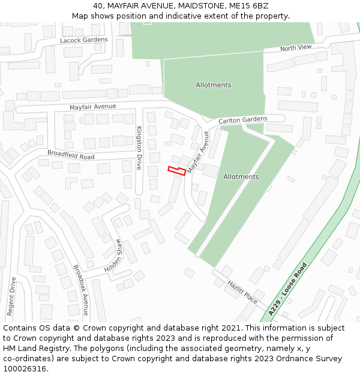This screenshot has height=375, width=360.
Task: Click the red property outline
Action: (176, 171)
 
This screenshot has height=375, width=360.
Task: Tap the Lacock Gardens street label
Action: (84, 40)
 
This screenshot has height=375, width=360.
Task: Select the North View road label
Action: (296, 47)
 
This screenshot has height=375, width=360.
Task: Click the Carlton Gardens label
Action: (242, 120)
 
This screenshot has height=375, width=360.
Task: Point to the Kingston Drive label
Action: (139, 148)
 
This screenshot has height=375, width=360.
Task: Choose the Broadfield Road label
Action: (71, 155)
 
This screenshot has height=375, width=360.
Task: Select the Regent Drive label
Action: (11, 296)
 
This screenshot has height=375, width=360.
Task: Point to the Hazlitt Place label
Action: (242, 291)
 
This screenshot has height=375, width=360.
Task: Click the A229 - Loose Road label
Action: (288, 289)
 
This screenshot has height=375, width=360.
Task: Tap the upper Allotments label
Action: (213, 85)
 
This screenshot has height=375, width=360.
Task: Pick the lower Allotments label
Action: (241, 177)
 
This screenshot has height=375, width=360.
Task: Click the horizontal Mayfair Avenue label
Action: (92, 107)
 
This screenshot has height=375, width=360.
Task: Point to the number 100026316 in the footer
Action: (26, 368)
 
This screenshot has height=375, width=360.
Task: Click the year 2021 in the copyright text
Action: (232, 328)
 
